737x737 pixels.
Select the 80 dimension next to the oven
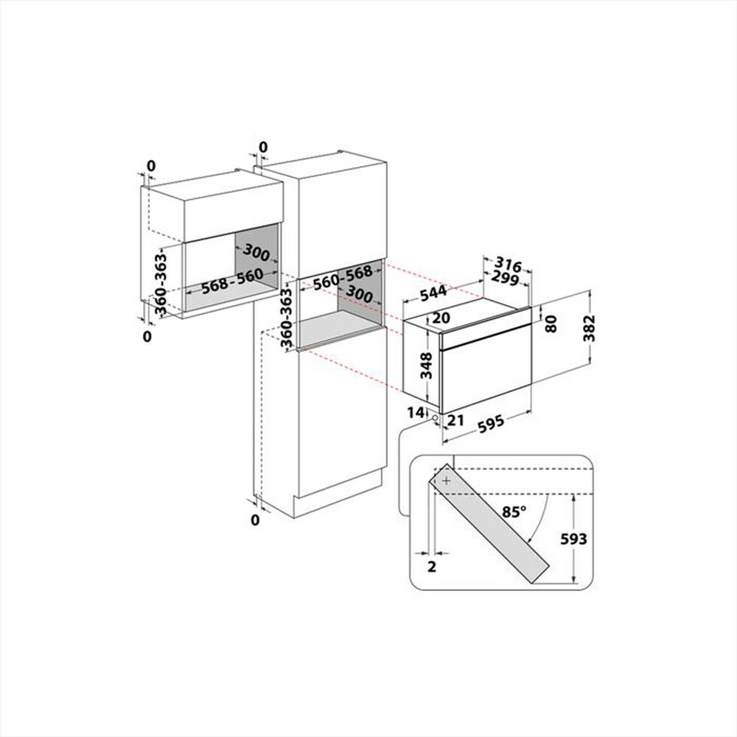[551, 323]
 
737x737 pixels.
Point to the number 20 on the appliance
[441, 318]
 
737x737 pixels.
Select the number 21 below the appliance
[454, 420]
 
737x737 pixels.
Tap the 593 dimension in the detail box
[573, 539]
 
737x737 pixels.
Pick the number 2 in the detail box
[432, 566]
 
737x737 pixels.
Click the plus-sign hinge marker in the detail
[446, 480]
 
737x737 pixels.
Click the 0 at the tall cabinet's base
[255, 521]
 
